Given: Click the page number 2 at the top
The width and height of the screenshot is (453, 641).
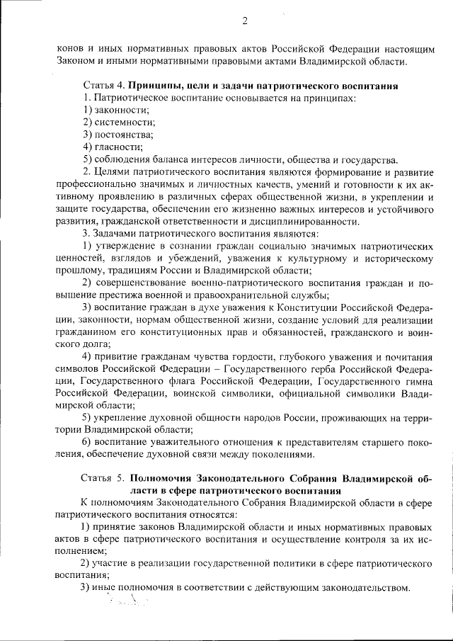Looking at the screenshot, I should (x=244, y=21).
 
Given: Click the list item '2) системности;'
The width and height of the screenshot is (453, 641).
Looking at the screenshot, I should (x=115, y=122).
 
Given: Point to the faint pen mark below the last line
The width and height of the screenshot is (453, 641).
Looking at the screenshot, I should (x=128, y=603).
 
